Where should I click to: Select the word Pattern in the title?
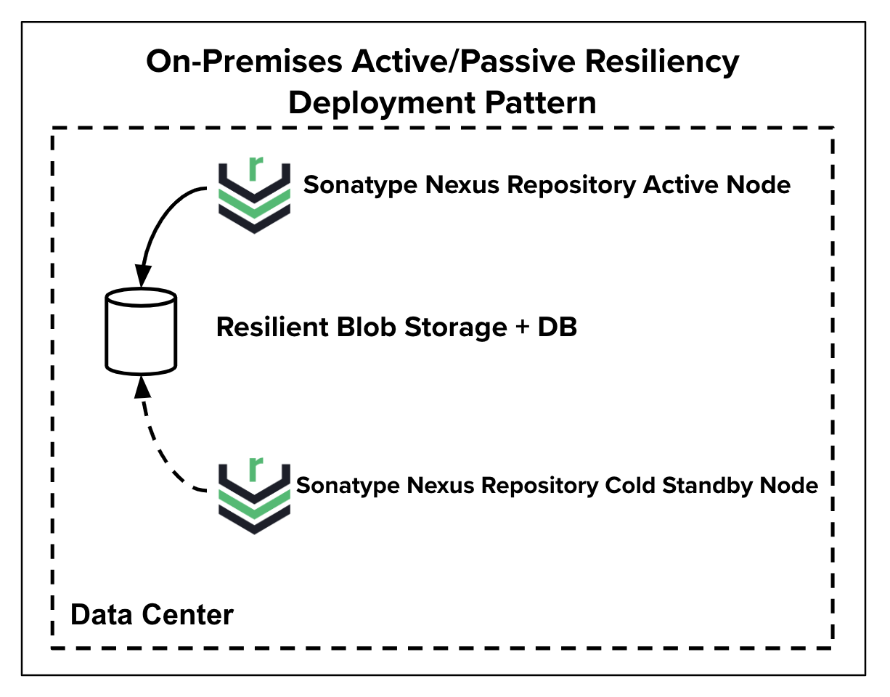541,103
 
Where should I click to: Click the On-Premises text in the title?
244,62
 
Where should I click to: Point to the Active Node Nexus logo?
254,195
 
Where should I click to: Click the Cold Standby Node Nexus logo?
254,495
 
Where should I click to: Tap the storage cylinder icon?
141,331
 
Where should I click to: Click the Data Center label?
152,615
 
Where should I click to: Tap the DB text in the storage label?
557,327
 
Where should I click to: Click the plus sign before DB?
522,327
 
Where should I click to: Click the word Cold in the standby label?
630,485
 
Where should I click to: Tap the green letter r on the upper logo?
255,168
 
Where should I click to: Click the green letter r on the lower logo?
255,469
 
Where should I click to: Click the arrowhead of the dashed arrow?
142,387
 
